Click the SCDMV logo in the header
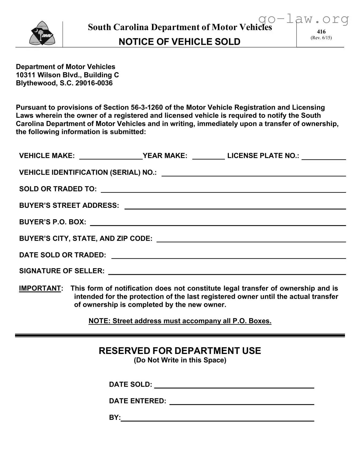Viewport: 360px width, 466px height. coord(42,34)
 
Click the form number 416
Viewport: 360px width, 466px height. coord(321,32)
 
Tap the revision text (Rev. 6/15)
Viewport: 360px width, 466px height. coord(321,38)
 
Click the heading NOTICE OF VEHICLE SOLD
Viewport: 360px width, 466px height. coord(179,42)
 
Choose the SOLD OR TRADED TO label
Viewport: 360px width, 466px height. coord(58,189)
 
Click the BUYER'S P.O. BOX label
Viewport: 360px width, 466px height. coord(53,222)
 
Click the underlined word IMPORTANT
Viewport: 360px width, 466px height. coord(40,288)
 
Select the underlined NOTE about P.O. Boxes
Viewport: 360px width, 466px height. coord(180,321)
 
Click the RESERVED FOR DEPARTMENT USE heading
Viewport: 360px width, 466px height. coord(180,351)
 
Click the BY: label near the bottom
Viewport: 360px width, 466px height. coord(115,417)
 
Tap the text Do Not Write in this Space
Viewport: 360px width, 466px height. coord(180,360)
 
